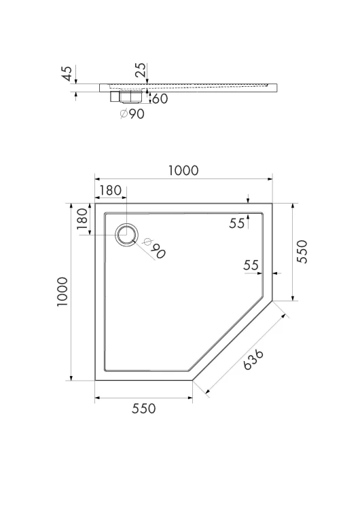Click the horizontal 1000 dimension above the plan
tap(183, 171)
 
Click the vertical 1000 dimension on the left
tap(62, 292)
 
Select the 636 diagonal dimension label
tap(253, 360)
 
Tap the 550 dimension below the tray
tap(143, 409)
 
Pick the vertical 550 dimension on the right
tap(302, 252)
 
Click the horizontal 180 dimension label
tap(110, 191)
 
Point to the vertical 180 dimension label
tap(82, 219)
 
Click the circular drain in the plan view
tap(127, 234)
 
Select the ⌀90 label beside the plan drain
tap(155, 248)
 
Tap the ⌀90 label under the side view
tap(132, 114)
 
